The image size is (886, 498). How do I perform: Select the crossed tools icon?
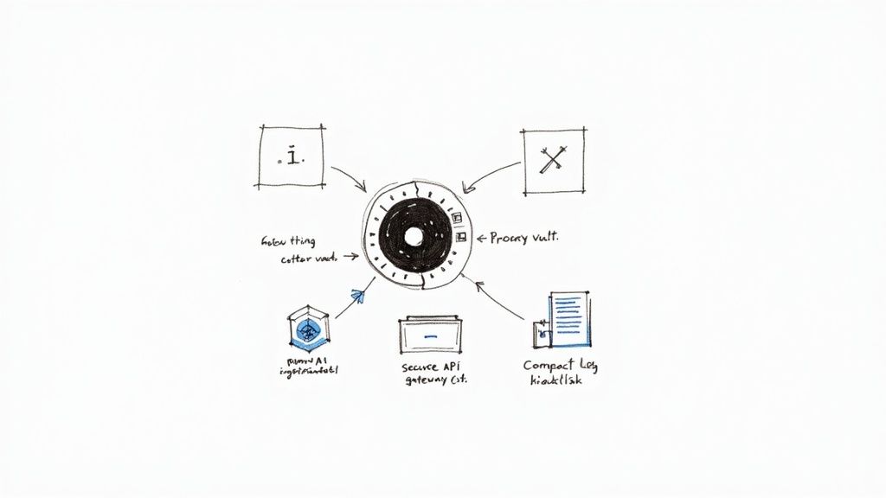point(551,161)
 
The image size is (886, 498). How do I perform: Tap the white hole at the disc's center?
point(414,235)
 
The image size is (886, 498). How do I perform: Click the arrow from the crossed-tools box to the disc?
point(487,175)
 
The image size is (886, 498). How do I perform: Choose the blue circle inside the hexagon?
point(307,329)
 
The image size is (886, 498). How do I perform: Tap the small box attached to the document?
point(541,330)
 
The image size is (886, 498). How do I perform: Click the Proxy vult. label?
point(524,237)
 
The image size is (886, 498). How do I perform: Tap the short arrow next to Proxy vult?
point(480,236)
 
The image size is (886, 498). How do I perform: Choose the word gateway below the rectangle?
point(425,381)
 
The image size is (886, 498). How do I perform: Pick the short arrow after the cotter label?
point(350,256)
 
